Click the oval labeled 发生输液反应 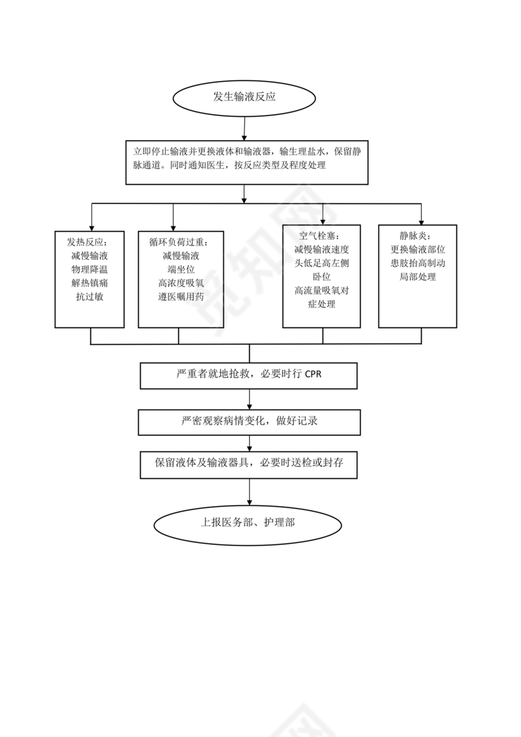point(244,98)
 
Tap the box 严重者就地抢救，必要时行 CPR point(249,375)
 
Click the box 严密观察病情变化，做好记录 point(249,421)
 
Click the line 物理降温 point(90,269)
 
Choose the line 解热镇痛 point(90,283)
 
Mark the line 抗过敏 point(90,297)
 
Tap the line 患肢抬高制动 point(417,263)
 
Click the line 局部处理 point(417,277)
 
